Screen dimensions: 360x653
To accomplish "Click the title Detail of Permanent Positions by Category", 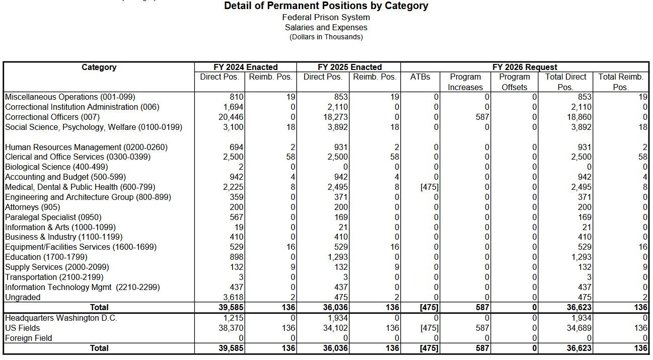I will pos(326,6).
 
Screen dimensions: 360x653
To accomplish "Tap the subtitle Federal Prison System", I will pos(326,18).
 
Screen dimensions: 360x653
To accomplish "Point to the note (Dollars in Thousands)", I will pos(326,37).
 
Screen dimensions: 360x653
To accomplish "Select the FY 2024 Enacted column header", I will pos(246,67).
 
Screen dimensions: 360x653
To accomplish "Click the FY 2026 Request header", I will pos(525,67).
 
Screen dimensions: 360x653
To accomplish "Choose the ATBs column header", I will pos(420,77).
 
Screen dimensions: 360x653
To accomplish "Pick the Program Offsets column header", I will pos(514,82).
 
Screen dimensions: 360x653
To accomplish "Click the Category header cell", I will pos(99,67).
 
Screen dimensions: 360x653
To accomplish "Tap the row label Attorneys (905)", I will pos(33,207).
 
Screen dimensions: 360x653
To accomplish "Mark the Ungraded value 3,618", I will pos(233,297).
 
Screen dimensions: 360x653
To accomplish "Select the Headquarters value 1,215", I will pos(233,318).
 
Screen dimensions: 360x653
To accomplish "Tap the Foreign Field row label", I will pos(29,338).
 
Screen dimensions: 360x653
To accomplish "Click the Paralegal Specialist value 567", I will pos(237,217).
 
